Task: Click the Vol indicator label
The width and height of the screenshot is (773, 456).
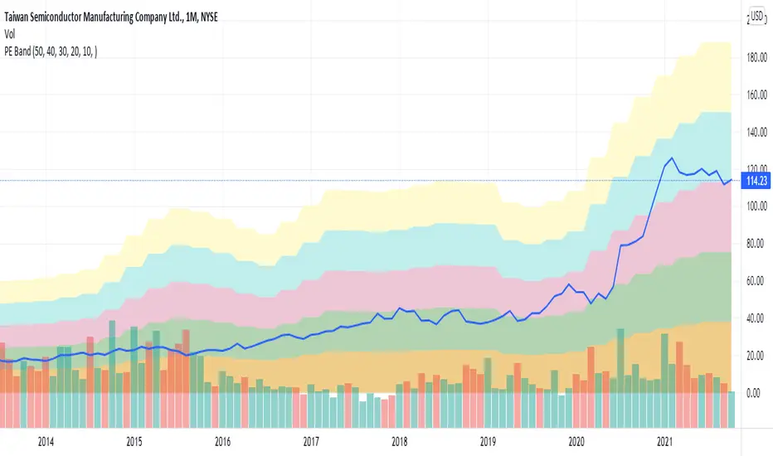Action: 12,34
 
